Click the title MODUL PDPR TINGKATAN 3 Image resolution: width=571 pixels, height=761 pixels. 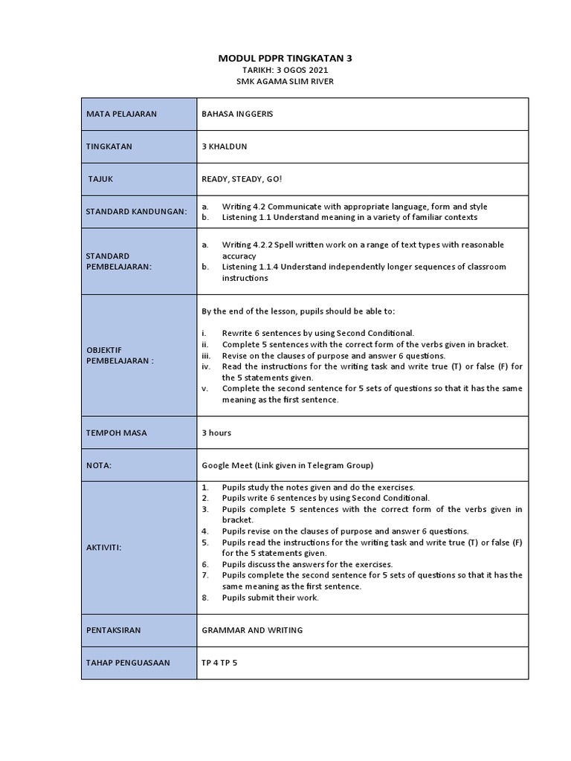click(x=285, y=57)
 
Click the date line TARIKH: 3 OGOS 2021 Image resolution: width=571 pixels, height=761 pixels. click(x=285, y=70)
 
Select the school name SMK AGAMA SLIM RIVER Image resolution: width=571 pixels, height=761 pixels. click(x=285, y=81)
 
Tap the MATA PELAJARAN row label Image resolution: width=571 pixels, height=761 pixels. click(x=118, y=114)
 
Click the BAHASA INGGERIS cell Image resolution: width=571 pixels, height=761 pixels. click(x=232, y=114)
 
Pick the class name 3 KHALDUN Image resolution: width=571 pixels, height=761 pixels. click(x=224, y=147)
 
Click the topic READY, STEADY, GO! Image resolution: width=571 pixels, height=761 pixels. click(x=242, y=179)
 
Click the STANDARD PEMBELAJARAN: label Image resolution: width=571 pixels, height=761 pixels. click(x=118, y=261)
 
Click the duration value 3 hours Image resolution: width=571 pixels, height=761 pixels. click(x=216, y=432)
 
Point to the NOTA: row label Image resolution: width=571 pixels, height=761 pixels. click(x=99, y=465)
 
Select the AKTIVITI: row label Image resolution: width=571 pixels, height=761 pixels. click(x=103, y=547)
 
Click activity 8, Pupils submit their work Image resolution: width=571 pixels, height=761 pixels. click(x=270, y=598)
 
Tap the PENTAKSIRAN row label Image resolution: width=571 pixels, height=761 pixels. click(x=113, y=630)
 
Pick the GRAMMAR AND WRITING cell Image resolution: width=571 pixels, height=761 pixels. click(x=252, y=630)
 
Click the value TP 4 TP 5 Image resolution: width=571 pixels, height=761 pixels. click(x=219, y=663)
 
